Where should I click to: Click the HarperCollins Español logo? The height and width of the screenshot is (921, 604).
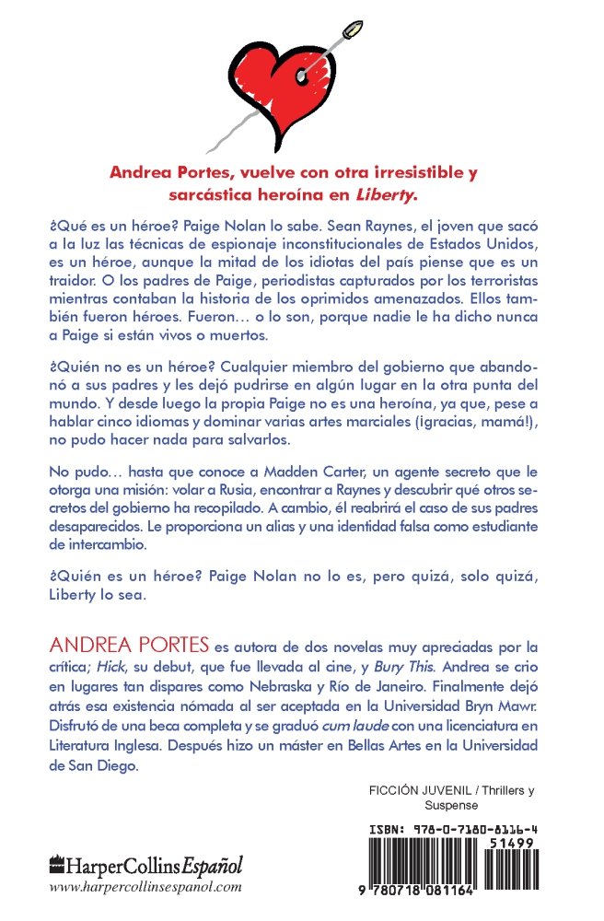click(145, 866)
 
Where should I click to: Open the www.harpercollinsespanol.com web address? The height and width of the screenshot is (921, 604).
click(145, 887)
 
